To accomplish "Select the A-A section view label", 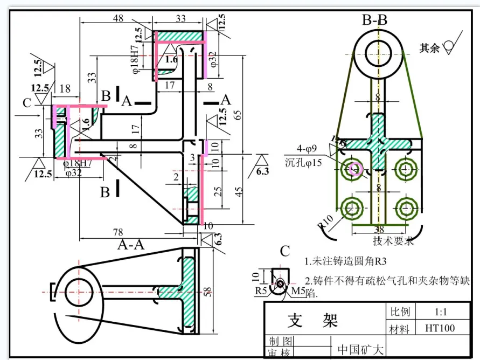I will [131, 244].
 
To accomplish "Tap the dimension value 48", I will [117, 18].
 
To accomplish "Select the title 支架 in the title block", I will [313, 320].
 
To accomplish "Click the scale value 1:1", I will [441, 311].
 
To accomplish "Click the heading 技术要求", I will [393, 240].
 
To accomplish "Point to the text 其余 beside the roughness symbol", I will [429, 48].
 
